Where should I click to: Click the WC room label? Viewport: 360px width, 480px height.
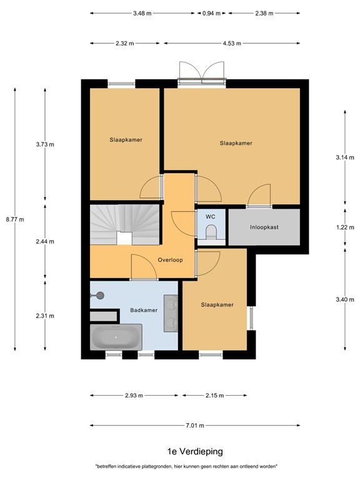click(211, 216)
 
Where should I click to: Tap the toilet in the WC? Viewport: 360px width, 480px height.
click(211, 233)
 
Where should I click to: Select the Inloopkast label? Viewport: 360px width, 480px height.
click(264, 227)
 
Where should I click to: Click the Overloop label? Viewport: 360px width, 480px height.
click(170, 260)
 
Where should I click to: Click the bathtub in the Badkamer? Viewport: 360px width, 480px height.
click(116, 338)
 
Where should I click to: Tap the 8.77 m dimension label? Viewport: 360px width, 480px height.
click(15, 219)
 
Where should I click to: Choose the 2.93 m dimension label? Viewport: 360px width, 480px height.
click(133, 396)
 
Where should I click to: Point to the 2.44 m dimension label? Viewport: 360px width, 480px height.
click(44, 241)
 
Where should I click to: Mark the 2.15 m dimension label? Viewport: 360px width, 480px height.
click(214, 396)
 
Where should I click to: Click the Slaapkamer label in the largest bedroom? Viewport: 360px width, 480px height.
click(236, 143)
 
